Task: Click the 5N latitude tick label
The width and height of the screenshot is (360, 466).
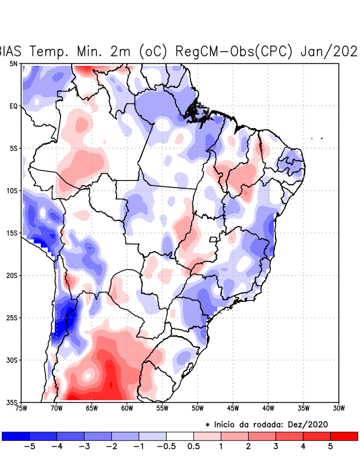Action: click(x=13, y=63)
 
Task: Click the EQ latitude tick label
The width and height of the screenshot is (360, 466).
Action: click(x=13, y=106)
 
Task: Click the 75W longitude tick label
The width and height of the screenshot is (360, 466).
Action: click(x=22, y=408)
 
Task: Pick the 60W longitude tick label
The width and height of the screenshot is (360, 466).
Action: click(x=127, y=408)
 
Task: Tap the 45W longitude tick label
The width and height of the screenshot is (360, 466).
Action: click(x=233, y=408)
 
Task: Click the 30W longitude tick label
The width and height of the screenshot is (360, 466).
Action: click(x=339, y=408)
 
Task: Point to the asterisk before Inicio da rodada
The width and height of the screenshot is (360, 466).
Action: click(x=207, y=425)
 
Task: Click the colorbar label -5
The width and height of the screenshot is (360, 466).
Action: click(x=29, y=447)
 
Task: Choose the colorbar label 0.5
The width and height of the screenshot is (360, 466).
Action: click(x=194, y=447)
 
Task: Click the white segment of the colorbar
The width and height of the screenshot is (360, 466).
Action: click(x=180, y=436)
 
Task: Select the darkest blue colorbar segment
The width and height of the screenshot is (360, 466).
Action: click(x=16, y=436)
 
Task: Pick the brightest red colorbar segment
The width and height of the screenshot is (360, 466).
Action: click(x=344, y=436)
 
